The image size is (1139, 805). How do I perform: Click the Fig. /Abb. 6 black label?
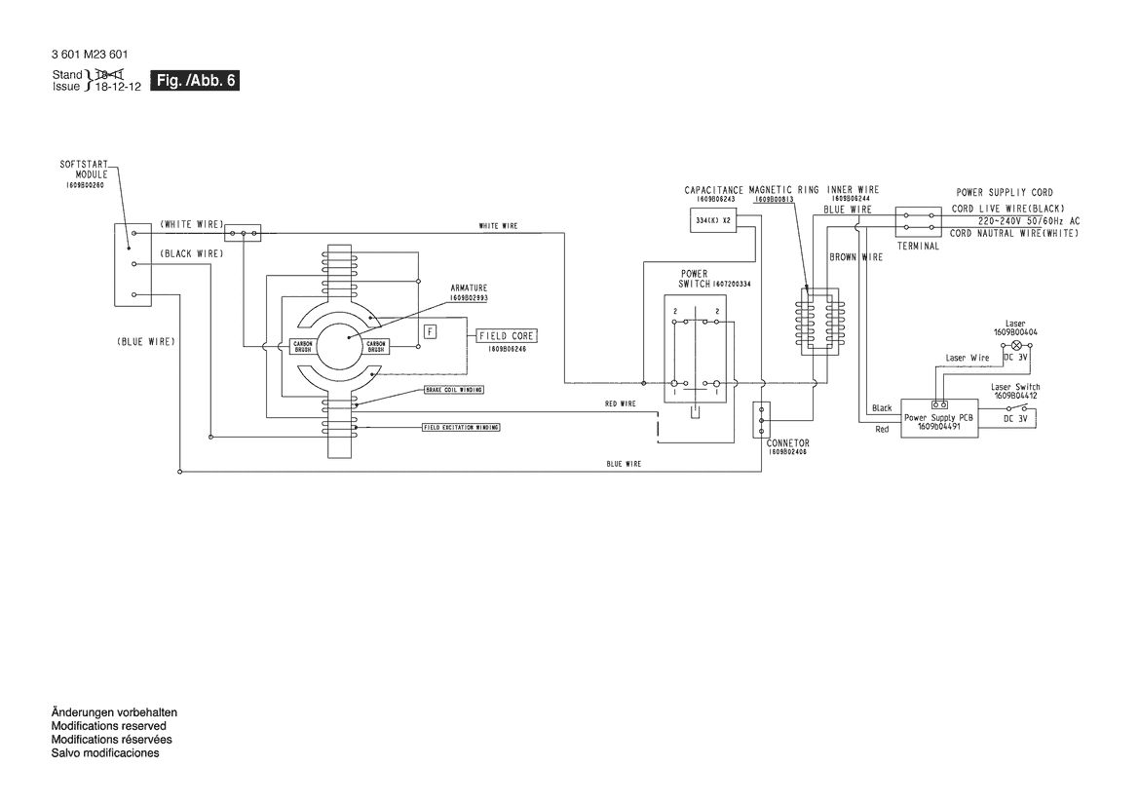(x=195, y=81)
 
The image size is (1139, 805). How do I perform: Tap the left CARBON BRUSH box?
(x=302, y=346)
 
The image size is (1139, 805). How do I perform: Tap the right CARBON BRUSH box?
(x=376, y=346)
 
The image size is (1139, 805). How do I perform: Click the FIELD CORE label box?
(x=508, y=336)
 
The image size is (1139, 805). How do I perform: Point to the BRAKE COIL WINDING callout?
(x=453, y=389)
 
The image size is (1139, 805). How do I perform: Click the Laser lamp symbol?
(x=1016, y=346)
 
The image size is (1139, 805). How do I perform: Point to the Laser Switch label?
(x=1015, y=387)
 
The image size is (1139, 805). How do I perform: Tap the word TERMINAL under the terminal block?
(x=918, y=247)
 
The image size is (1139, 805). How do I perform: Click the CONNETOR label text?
(x=787, y=443)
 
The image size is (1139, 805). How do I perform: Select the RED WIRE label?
(x=620, y=403)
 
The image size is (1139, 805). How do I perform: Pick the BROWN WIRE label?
(x=855, y=257)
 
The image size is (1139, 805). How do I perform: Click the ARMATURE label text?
(x=469, y=288)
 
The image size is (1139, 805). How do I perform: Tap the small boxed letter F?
(x=431, y=331)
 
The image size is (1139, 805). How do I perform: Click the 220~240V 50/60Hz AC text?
(x=1014, y=221)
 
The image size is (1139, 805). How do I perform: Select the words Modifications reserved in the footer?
(x=108, y=726)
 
